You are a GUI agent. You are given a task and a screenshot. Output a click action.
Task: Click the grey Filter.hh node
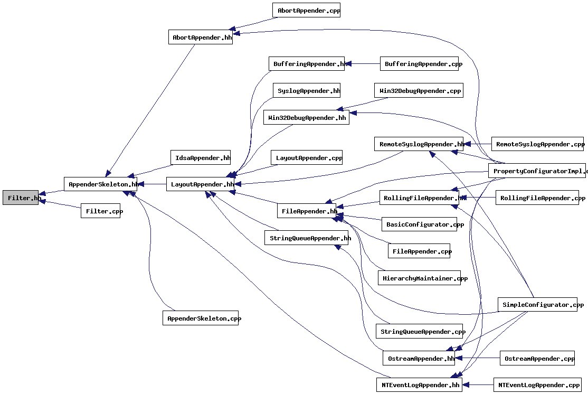21,198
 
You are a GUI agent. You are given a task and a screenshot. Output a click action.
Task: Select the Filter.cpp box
101,211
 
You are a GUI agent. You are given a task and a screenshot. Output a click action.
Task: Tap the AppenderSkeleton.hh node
100,184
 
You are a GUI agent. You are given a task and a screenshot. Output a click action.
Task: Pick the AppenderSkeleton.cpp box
201,318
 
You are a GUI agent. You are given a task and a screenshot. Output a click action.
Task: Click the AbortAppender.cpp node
306,10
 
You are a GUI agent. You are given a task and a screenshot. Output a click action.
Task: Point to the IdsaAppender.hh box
201,157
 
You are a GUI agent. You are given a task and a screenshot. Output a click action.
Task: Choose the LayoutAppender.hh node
200,184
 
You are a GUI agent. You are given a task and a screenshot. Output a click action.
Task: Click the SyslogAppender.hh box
307,90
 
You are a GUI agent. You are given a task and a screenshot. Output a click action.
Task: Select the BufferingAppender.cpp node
420,64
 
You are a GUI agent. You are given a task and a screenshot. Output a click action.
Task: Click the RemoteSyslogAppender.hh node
420,144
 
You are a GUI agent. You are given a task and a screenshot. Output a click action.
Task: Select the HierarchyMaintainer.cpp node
419,278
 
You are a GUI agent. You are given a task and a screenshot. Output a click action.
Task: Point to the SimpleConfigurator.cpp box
537,304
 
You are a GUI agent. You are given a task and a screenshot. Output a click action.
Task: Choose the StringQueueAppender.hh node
307,238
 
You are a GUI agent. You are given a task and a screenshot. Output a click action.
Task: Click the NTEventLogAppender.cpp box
537,385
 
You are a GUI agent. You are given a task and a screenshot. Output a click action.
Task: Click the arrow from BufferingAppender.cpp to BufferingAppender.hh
363,64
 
